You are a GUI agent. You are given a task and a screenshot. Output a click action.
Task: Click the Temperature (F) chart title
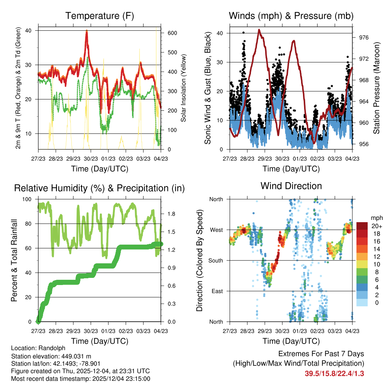(x=99, y=16)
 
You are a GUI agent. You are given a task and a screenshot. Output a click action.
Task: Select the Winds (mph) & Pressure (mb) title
(x=291, y=16)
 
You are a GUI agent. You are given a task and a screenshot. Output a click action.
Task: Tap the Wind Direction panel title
(x=291, y=186)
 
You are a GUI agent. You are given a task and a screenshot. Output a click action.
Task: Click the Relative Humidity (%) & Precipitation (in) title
(x=99, y=188)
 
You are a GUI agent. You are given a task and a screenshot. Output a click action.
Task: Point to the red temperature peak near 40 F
(x=87, y=31)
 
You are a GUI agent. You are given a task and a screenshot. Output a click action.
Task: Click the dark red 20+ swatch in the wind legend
(x=363, y=226)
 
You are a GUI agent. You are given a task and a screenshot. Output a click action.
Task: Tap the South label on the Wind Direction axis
(x=216, y=260)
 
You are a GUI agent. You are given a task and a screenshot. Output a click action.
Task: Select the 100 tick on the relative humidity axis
(x=28, y=199)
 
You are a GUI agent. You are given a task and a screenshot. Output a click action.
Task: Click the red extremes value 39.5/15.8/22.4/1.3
(x=335, y=373)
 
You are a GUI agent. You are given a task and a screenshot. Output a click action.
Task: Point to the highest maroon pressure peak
(x=259, y=30)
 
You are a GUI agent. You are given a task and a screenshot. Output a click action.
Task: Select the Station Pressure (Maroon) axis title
(x=376, y=88)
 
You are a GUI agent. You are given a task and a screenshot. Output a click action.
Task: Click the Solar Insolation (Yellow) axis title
(x=184, y=88)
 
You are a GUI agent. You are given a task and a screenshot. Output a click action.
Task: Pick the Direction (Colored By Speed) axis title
(x=199, y=260)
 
